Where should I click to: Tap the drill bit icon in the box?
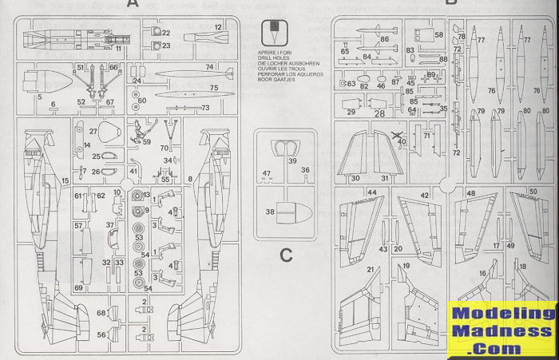tap(274, 33)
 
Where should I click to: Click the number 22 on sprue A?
tap(165, 33)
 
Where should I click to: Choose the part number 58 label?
tap(439, 35)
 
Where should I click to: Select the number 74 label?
tap(209, 67)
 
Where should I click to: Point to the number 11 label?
tap(118, 49)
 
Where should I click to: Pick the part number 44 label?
tap(372, 193)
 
